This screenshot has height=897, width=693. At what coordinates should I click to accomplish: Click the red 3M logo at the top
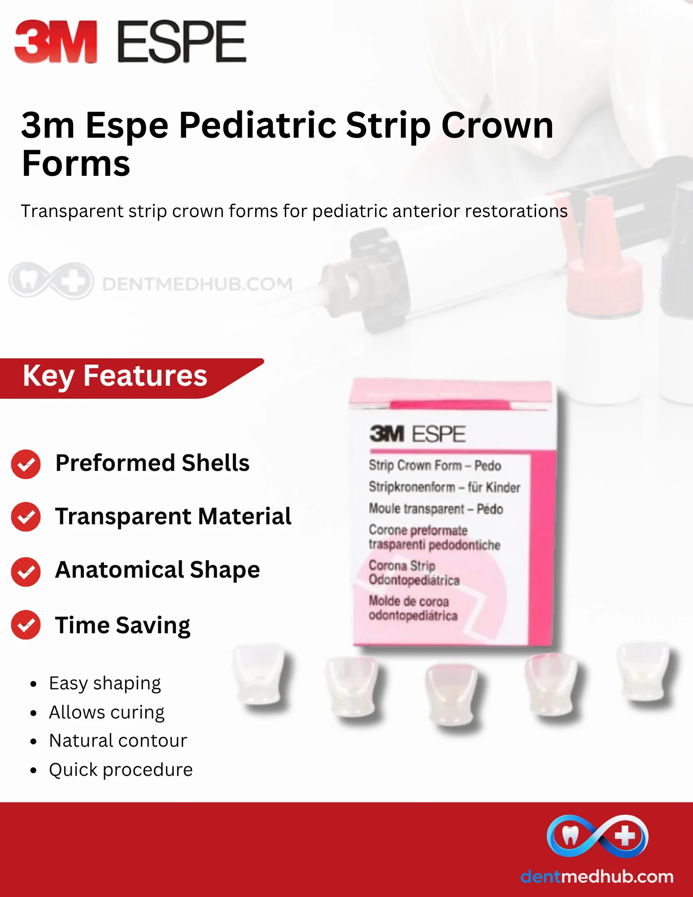tap(56, 41)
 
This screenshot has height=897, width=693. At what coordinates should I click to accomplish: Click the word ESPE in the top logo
tap(182, 41)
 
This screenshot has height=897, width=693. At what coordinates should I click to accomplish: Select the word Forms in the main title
tap(76, 164)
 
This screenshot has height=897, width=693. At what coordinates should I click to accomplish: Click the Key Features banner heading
tap(115, 376)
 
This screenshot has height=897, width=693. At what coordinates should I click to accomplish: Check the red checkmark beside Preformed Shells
tap(26, 464)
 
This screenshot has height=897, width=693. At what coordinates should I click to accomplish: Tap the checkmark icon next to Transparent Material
tap(26, 517)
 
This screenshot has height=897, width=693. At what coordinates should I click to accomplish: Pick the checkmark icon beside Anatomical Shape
tap(26, 572)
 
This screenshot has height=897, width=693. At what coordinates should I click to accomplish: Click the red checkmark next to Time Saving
tap(26, 625)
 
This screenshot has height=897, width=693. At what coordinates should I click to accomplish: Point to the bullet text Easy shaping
tap(105, 684)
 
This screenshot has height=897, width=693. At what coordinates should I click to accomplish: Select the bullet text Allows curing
tap(107, 712)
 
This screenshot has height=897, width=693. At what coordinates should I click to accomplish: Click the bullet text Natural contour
tap(118, 740)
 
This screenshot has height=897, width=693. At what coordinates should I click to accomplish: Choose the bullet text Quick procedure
tap(121, 770)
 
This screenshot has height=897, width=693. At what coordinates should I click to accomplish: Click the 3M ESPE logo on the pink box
tap(418, 434)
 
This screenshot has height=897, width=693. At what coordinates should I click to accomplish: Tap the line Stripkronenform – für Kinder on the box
tap(445, 487)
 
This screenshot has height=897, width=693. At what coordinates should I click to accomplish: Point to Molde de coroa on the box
tap(409, 601)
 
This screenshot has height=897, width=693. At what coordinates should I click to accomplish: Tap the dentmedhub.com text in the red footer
tap(597, 876)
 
